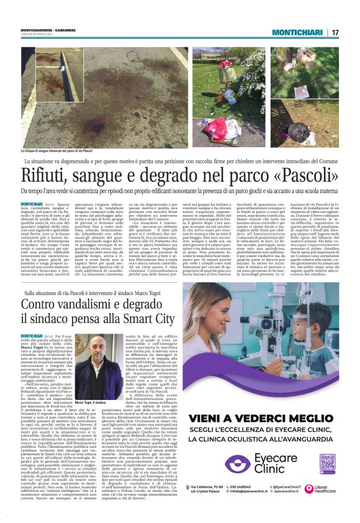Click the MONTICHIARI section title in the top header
coord(297,32)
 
